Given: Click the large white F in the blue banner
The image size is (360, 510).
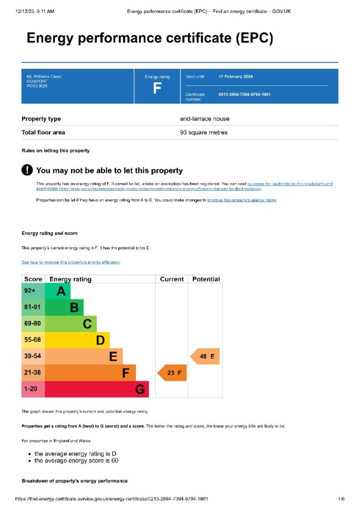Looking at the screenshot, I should (157, 89).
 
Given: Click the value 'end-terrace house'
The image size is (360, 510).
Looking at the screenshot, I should (205, 119).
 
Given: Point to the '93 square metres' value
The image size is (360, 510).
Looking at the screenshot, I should (204, 132).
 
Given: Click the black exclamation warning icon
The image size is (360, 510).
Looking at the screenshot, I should (27, 170).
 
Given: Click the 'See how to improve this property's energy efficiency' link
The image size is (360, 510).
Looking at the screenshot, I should (70, 262).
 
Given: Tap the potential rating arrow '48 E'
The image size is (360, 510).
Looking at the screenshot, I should (205, 356).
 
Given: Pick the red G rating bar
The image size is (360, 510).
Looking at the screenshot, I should (97, 389).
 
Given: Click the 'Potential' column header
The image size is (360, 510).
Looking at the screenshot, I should (206, 279).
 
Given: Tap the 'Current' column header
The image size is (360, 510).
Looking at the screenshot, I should (172, 279).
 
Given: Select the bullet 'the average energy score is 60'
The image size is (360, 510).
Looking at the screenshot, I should (76, 461).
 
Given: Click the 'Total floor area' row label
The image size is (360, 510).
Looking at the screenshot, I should (43, 132).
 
